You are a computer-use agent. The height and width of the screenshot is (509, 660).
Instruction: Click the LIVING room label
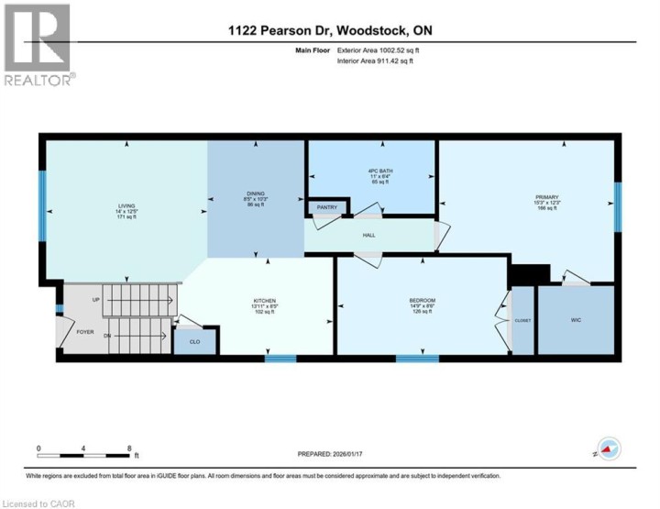click(126, 206)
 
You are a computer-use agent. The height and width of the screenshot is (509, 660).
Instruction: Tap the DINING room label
click(256, 194)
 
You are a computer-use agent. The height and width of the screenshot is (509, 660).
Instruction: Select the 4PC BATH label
click(371, 171)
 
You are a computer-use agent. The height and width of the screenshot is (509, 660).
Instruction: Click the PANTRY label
click(327, 207)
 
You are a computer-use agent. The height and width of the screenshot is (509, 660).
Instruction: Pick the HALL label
click(368, 235)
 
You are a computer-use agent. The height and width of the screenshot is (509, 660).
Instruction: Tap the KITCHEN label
click(265, 301)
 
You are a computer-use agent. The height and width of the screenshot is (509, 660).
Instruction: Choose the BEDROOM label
click(422, 301)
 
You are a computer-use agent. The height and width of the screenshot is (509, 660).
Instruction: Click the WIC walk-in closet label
click(576, 320)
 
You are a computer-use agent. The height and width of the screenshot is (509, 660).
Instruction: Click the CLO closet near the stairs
click(195, 341)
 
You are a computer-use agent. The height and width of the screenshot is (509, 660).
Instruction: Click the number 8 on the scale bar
click(129, 448)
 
